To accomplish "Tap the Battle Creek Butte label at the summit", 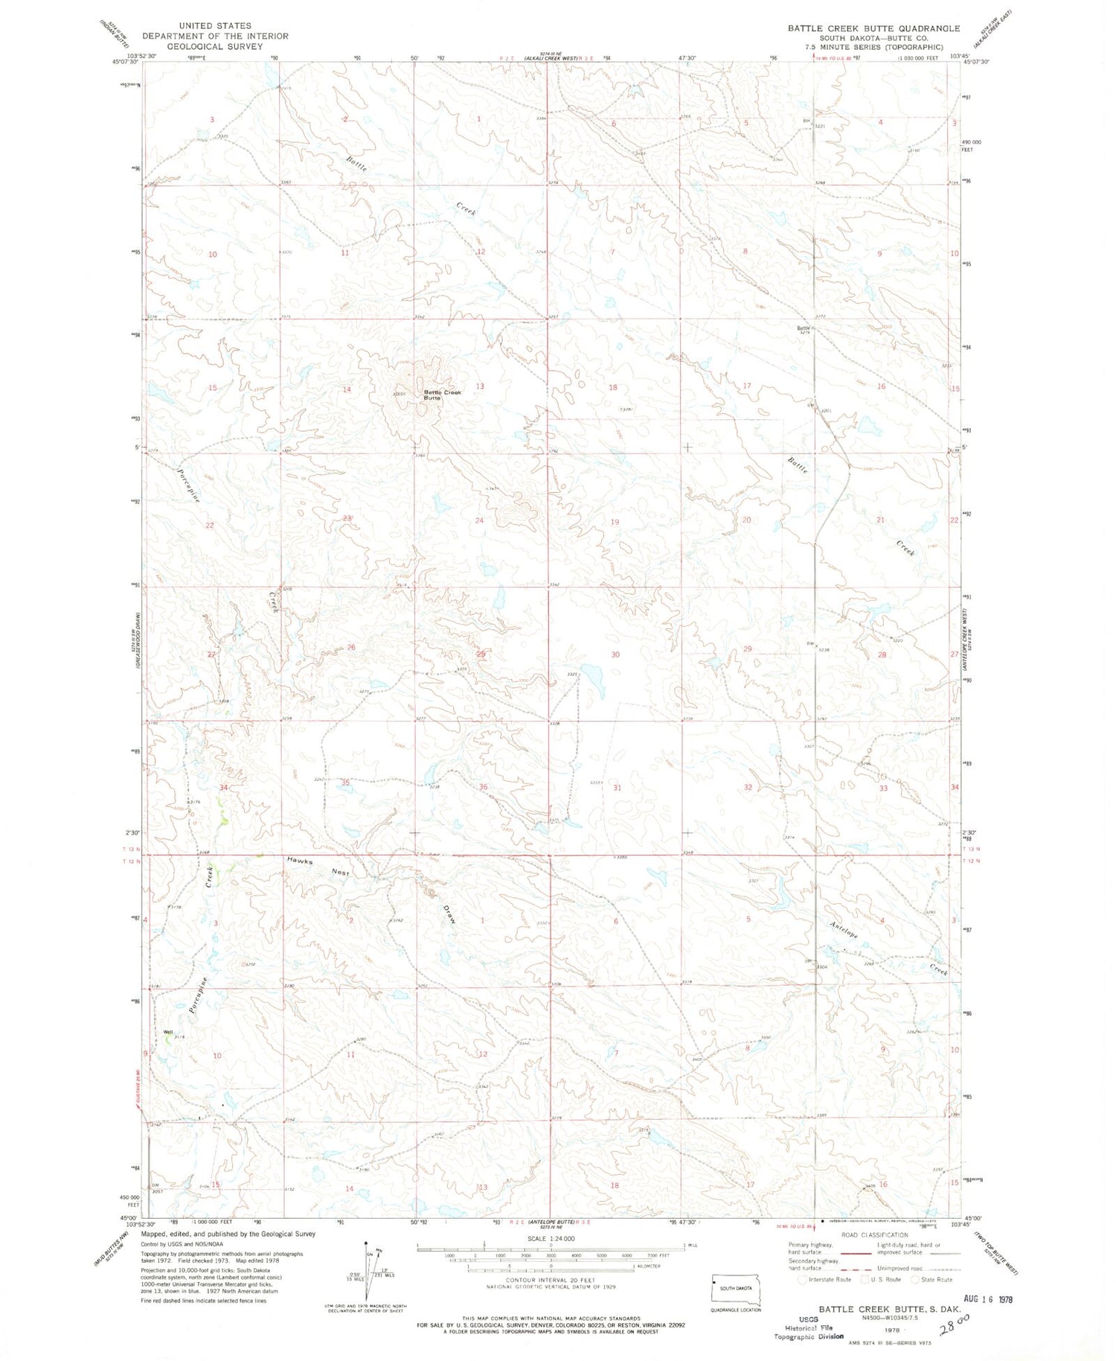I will click(442, 395).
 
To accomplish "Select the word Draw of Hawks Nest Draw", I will click(449, 915).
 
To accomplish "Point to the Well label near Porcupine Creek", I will click(168, 1031).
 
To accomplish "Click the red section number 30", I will click(615, 654).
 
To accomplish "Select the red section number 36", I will click(484, 787).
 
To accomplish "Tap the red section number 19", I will click(615, 522).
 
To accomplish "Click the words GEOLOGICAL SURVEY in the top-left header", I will click(215, 46).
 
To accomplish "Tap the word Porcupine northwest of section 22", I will click(189, 484).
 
